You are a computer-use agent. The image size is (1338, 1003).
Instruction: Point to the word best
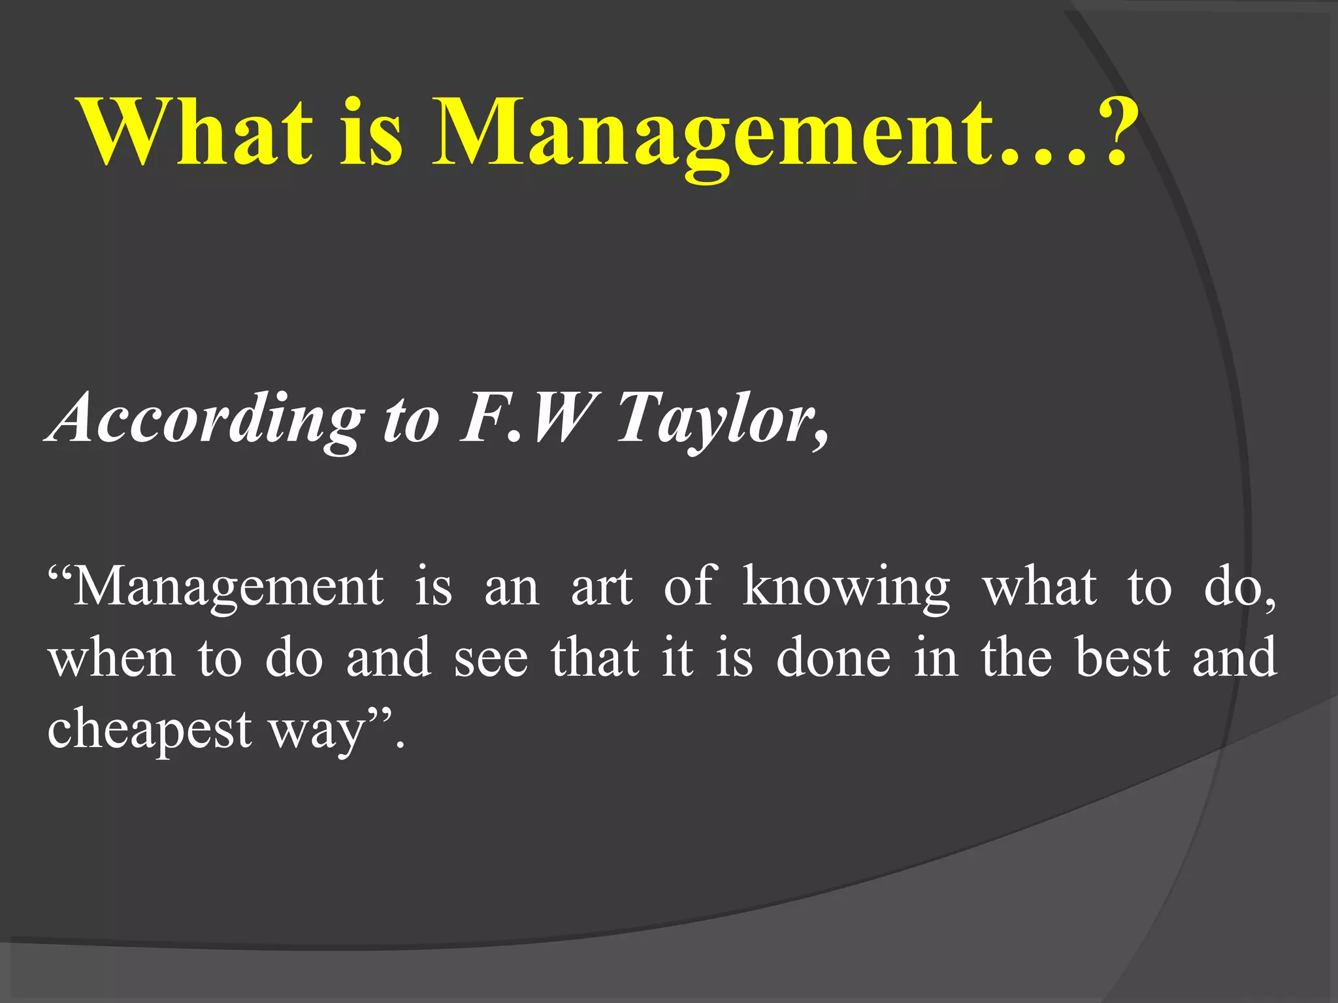(x=1122, y=657)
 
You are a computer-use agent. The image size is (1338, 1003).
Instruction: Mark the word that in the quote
(x=595, y=657)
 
